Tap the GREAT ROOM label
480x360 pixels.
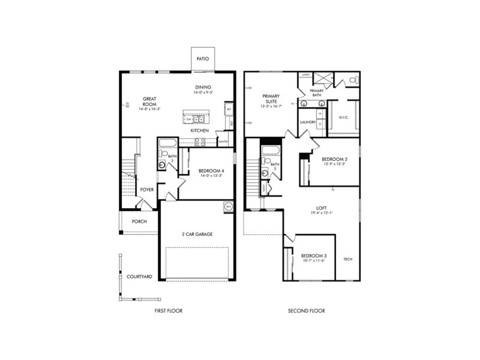pos(149,101)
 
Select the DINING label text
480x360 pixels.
pos(202,88)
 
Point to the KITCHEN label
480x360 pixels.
pos(199,130)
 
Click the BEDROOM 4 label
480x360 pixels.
pos(211,171)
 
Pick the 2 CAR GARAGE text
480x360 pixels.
pos(197,234)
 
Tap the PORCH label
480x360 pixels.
pos(139,221)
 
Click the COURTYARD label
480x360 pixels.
pos(139,277)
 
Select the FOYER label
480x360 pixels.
pos(147,190)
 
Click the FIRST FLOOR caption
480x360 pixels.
pos(168,311)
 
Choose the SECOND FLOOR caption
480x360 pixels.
pos(306,311)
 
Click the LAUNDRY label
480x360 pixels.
pos(307,122)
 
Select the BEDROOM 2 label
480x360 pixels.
pos(334,160)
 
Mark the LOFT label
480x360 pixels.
pos(322,208)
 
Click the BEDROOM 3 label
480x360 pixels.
pos(314,256)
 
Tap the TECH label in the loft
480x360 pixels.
pos(347,259)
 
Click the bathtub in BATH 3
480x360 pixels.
pos(167,143)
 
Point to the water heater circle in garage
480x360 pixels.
pos(228,208)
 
